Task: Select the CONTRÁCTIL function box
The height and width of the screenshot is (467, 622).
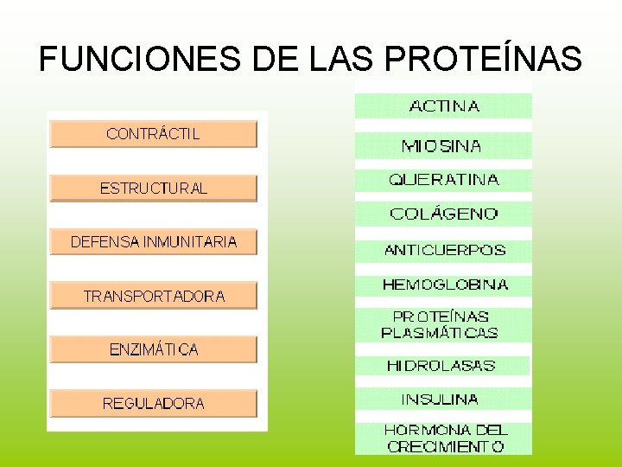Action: (x=153, y=134)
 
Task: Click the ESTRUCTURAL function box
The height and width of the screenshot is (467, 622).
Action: (x=153, y=189)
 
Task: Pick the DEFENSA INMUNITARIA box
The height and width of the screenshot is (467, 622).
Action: (x=153, y=242)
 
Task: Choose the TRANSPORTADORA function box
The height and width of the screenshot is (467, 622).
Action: (x=153, y=296)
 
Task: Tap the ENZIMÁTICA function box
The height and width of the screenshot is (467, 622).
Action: (x=153, y=349)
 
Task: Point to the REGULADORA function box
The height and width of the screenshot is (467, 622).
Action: (x=153, y=403)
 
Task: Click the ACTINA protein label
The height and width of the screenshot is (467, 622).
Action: (x=443, y=106)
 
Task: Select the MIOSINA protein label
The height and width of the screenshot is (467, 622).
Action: (x=442, y=146)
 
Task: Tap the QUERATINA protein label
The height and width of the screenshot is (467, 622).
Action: (x=443, y=180)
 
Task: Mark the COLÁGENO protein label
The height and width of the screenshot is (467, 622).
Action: (x=443, y=214)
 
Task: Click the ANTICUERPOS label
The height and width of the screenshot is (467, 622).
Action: (x=444, y=250)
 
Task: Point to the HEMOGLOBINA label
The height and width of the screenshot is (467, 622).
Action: (x=444, y=284)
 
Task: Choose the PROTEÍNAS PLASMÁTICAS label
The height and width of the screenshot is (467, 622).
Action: (x=441, y=324)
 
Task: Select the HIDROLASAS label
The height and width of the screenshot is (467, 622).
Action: (x=441, y=366)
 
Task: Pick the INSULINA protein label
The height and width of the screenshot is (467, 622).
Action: (x=440, y=400)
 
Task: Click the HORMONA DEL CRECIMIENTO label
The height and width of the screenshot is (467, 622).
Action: (x=445, y=438)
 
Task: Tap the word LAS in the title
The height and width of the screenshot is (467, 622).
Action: (x=328, y=59)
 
